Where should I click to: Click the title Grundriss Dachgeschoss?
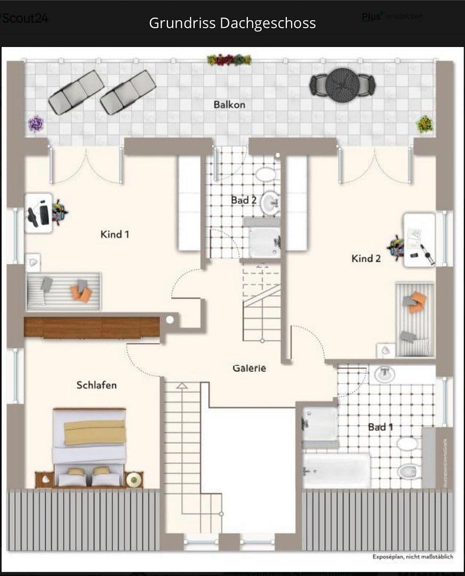click(x=232, y=23)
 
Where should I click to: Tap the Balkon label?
click(x=229, y=105)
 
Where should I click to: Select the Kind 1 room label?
click(x=115, y=234)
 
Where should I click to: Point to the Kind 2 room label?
click(x=366, y=259)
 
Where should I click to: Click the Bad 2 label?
click(x=244, y=201)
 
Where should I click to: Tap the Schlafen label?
click(x=97, y=385)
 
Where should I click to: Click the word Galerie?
click(x=249, y=368)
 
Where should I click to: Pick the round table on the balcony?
click(x=343, y=84)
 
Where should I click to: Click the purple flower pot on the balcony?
click(x=36, y=124)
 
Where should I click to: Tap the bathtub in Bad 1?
click(x=336, y=470)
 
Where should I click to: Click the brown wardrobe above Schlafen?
click(x=92, y=327)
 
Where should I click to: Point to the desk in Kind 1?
click(x=38, y=213)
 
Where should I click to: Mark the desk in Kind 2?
click(x=419, y=239)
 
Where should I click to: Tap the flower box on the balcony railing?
click(x=229, y=60)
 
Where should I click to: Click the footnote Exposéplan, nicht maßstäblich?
click(x=413, y=557)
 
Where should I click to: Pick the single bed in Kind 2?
click(x=414, y=319)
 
